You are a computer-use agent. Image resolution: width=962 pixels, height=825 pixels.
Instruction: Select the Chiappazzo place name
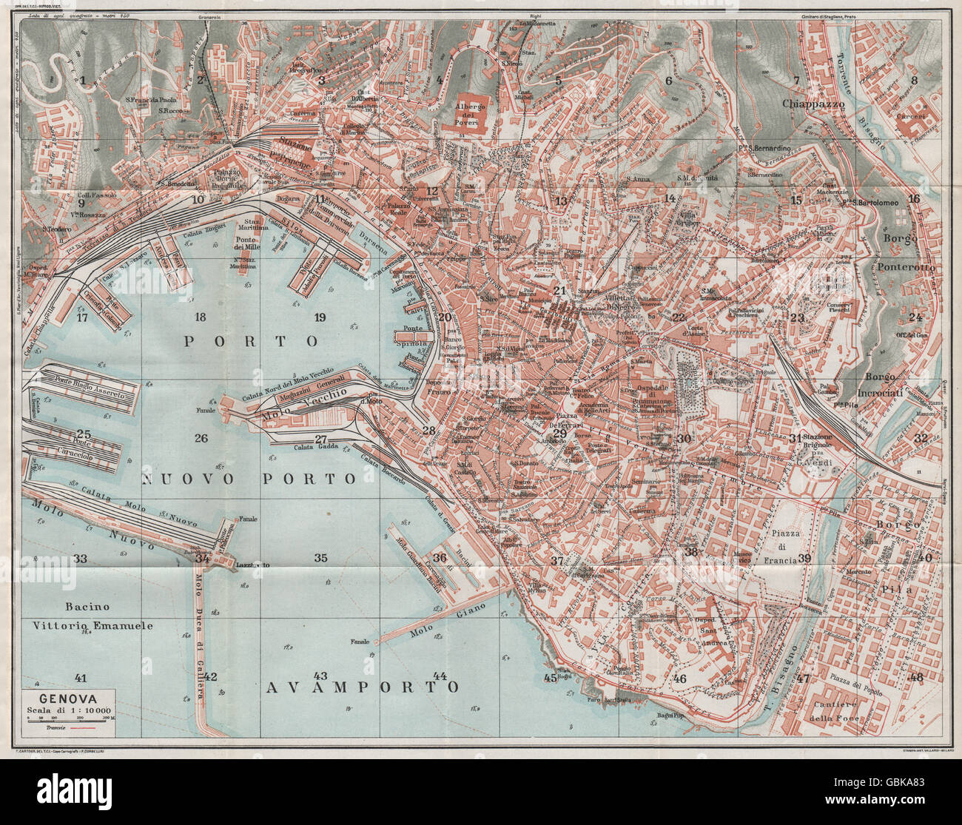[x=813, y=104]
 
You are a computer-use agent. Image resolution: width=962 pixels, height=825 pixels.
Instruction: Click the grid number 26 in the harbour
[x=201, y=438]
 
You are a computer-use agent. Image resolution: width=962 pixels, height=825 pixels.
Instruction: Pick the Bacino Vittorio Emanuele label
[x=92, y=616]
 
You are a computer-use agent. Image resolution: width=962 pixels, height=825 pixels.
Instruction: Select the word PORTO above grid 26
[x=251, y=341]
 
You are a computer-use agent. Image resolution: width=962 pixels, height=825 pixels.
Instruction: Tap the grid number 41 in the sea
[x=81, y=677]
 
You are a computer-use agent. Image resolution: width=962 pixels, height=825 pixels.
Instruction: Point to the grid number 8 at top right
[x=914, y=81]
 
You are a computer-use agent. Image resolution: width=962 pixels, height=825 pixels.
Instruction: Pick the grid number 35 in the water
[x=320, y=558]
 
